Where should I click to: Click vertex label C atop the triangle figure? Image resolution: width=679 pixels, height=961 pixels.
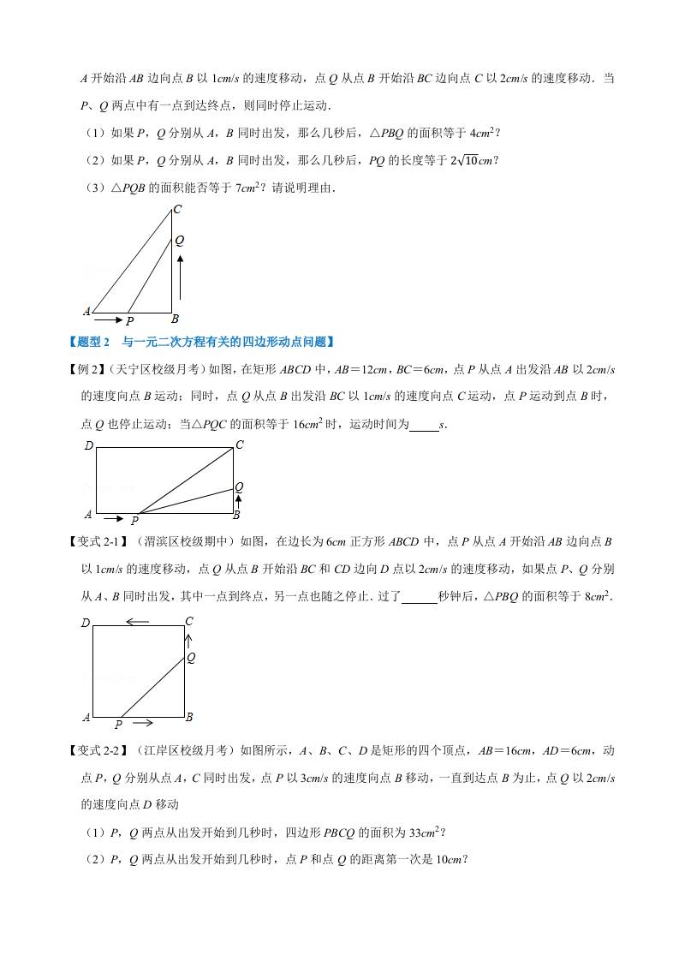177,209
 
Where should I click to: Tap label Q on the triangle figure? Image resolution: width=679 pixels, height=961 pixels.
180,242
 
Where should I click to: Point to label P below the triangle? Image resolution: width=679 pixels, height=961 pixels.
130,322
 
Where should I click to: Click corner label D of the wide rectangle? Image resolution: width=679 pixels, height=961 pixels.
88,445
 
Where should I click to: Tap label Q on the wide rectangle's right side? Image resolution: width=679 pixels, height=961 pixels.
240,486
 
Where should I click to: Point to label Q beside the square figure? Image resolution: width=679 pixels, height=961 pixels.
191,658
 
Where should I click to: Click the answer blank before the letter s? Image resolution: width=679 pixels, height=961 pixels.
423,424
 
